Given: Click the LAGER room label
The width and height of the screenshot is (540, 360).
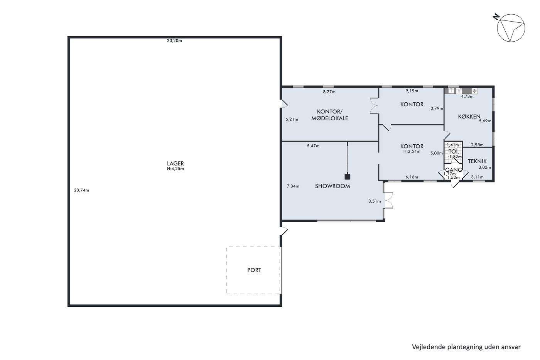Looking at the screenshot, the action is coord(175,164).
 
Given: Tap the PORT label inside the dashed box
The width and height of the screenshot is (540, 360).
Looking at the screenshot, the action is coord(254,270).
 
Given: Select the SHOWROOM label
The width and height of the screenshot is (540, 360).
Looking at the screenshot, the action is coord(332,186).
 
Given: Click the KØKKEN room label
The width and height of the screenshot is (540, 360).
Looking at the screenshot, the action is coord(469,117).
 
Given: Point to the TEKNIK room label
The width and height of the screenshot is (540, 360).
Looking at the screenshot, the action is coord(477,161).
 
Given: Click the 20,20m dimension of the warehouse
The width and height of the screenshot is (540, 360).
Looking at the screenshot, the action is coord(174,41).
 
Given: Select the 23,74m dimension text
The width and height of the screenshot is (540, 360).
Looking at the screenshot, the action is coord(81,190).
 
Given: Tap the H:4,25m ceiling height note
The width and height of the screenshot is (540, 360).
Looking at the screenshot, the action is coord(175,169).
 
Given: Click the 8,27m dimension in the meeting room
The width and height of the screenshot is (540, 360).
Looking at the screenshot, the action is coord(329,92).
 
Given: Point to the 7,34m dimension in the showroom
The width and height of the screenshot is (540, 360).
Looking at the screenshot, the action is coord(293,186).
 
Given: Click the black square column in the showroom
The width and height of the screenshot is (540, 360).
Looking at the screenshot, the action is coord(348,177).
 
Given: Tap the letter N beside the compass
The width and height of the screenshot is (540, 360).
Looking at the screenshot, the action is coord(496,17).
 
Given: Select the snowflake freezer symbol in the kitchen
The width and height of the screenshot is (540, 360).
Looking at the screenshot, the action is coord(474,91).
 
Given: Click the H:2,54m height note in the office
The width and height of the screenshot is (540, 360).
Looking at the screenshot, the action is coord(412,151).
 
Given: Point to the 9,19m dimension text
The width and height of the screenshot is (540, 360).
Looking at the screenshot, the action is coord(412,91).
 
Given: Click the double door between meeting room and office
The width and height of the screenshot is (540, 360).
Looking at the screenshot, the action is coord(375,105).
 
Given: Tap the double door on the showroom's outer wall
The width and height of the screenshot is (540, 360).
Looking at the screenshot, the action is coord(389,200).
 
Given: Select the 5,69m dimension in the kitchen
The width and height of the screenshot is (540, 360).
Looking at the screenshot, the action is coord(485,121).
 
